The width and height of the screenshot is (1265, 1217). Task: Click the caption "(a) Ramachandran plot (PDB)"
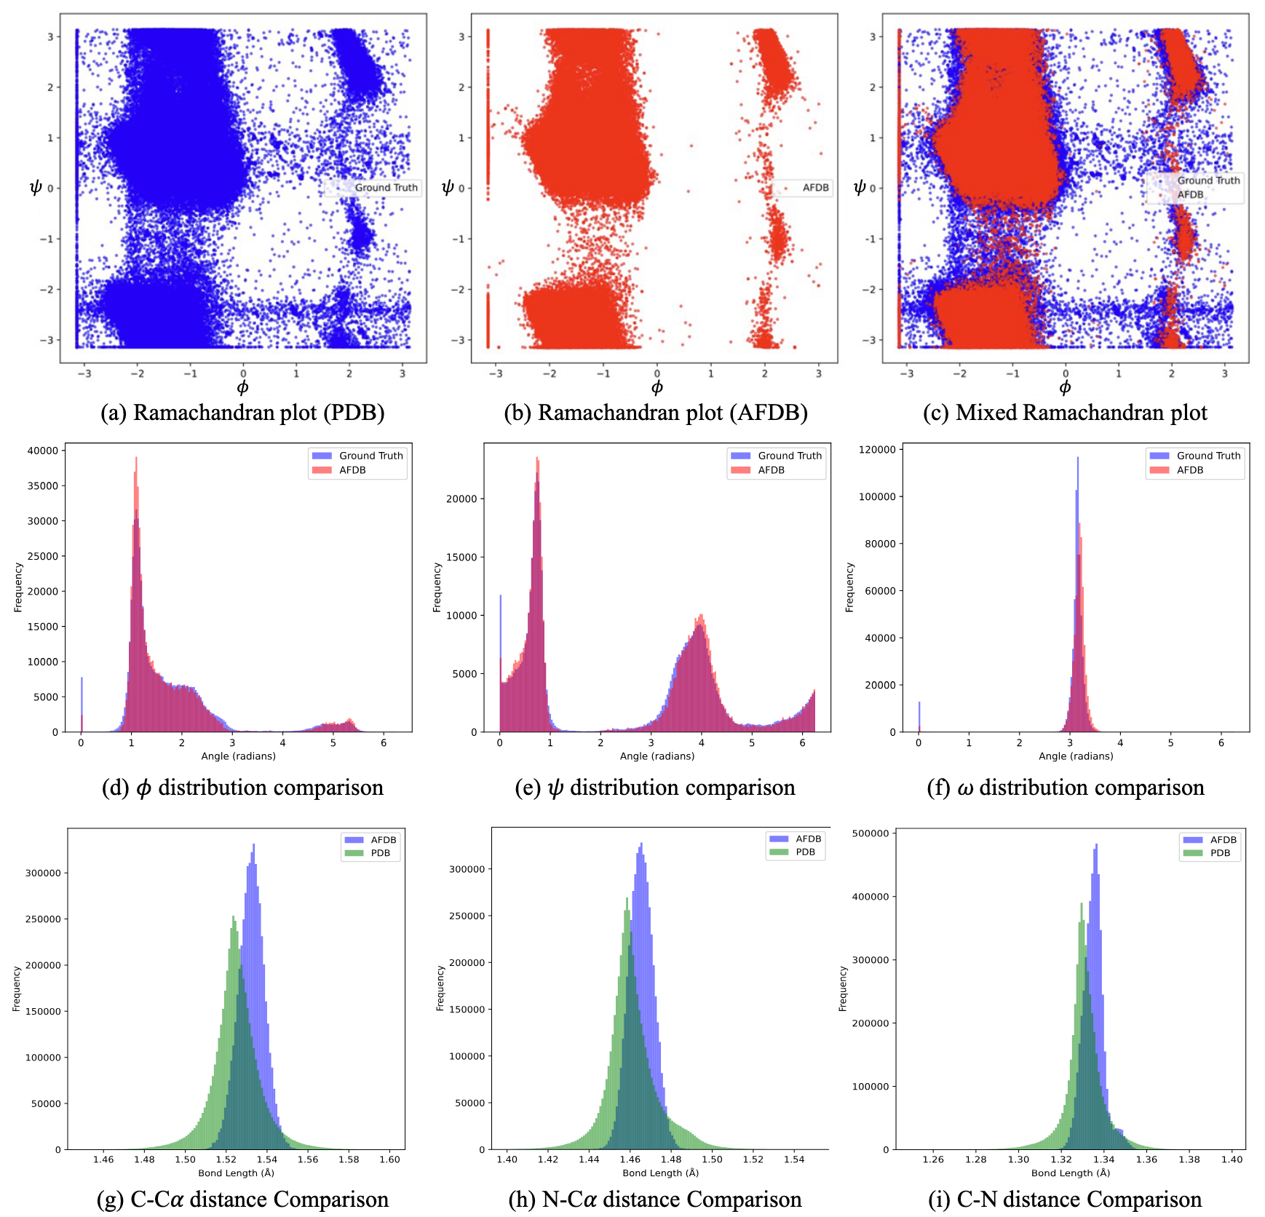tap(242, 413)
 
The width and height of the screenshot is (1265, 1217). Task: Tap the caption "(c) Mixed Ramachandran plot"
tap(1065, 413)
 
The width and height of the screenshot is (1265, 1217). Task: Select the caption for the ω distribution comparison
tap(1066, 788)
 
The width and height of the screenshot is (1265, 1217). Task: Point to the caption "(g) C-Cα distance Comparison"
tap(242, 1199)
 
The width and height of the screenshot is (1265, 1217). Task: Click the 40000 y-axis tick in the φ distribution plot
tap(42, 451)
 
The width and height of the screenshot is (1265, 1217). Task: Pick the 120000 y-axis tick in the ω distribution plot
tap(877, 450)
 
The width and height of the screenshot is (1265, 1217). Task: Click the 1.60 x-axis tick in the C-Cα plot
tap(390, 1159)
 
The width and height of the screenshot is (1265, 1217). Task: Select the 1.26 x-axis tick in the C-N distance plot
tap(933, 1159)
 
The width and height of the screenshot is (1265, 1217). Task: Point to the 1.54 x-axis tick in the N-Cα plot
tap(794, 1159)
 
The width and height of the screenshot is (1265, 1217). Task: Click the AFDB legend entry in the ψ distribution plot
tap(771, 470)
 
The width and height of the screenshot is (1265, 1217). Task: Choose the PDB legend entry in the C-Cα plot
tap(380, 853)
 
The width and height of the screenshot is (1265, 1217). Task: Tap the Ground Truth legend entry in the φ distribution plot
tap(370, 456)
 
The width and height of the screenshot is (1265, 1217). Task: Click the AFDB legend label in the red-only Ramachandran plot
tap(815, 188)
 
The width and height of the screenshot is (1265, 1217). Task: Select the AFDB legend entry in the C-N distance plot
tap(1223, 840)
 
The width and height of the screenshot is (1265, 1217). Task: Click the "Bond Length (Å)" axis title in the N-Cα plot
tap(660, 1173)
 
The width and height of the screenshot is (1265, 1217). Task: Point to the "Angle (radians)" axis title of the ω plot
tap(1076, 756)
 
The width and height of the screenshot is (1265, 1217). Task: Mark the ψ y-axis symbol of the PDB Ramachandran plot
tap(35, 188)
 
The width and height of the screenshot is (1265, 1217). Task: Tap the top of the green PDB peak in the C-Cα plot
tap(233, 917)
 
